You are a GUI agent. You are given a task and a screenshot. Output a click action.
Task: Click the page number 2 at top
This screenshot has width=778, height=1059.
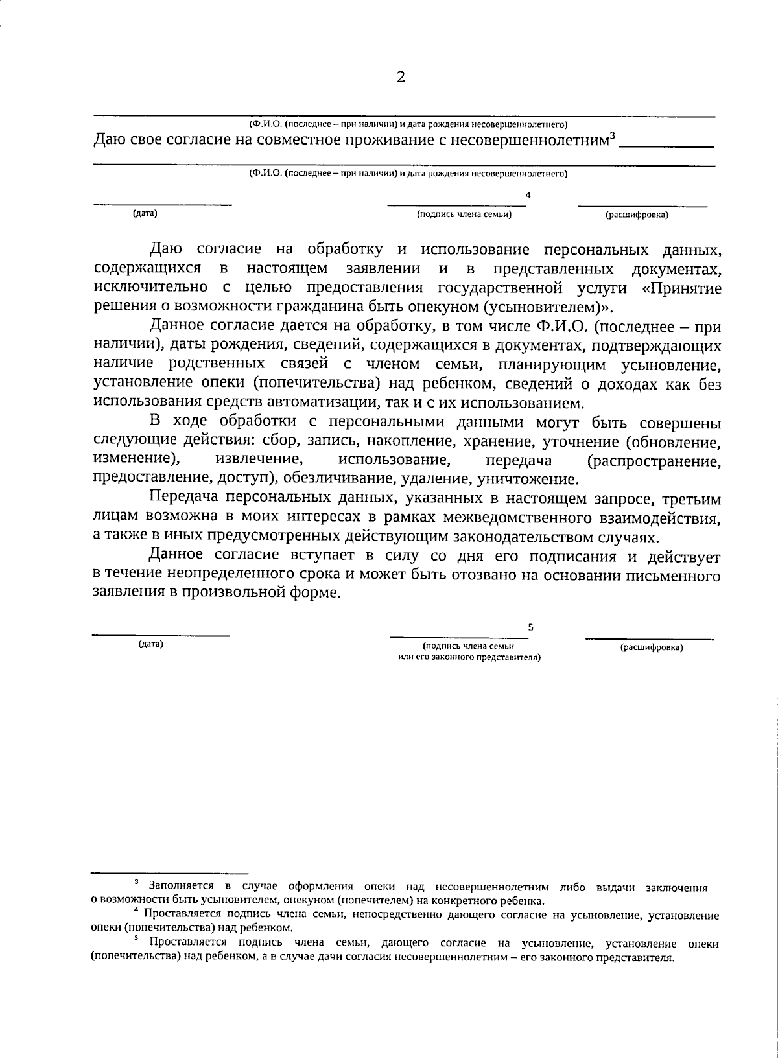pyautogui.click(x=400, y=78)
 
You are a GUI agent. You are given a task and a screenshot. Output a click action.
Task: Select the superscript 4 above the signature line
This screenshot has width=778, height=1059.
pyautogui.click(x=528, y=194)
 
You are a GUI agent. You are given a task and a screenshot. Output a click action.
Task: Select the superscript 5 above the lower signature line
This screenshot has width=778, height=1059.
pyautogui.click(x=530, y=627)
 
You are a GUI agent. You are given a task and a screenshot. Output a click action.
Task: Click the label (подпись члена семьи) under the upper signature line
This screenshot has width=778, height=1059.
pyautogui.click(x=464, y=214)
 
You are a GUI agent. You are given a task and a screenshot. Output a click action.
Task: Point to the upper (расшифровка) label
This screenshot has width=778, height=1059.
pyautogui.click(x=637, y=215)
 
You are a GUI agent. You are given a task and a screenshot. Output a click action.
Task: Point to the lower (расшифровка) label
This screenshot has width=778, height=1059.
pyautogui.click(x=652, y=647)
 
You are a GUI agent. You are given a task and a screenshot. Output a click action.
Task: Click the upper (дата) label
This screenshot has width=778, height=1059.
pyautogui.click(x=145, y=213)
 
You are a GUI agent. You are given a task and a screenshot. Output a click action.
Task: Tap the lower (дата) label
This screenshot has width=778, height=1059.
pyautogui.click(x=150, y=644)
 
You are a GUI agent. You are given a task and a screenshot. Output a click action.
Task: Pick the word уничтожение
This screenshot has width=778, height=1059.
pyautogui.click(x=526, y=480)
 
